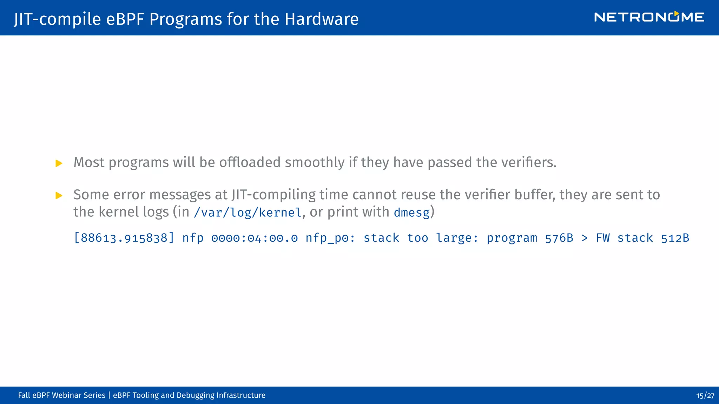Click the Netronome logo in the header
click(649, 17)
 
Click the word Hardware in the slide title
click(322, 19)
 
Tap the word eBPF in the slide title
click(125, 19)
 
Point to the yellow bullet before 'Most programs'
click(59, 163)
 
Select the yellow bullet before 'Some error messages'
click(59, 195)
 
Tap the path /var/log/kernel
click(248, 213)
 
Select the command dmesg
click(411, 213)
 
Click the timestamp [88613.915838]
click(124, 238)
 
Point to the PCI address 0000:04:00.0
click(255, 238)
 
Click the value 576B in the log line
click(559, 238)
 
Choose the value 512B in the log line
click(675, 238)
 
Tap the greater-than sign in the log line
click(584, 238)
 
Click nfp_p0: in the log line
click(330, 238)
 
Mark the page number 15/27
click(705, 396)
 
